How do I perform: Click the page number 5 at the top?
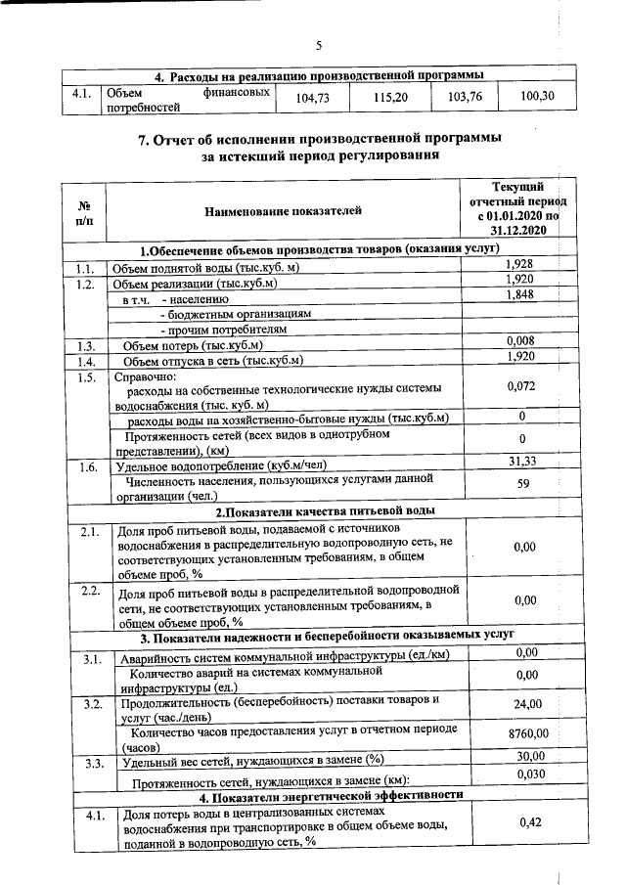(319, 44)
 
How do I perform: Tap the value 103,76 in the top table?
(465, 98)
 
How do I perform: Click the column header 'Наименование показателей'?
(283, 210)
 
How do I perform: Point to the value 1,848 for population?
(519, 296)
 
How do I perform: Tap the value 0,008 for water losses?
(519, 340)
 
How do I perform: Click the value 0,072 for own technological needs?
(522, 387)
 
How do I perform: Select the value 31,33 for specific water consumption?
(522, 462)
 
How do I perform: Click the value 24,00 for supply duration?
(527, 705)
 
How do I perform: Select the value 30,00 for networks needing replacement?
(527, 756)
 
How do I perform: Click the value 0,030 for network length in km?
(527, 774)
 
